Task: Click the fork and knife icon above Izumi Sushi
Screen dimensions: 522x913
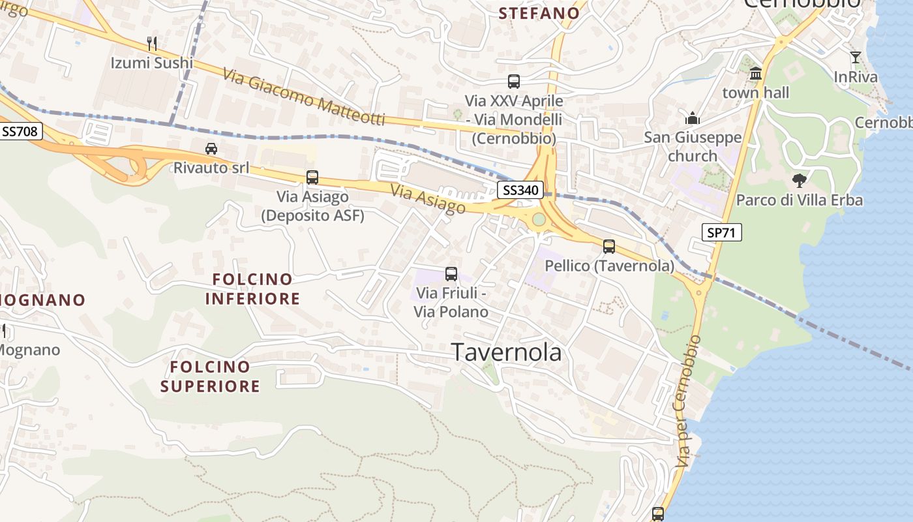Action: coord(152,44)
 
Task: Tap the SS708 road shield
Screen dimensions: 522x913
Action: coord(21,131)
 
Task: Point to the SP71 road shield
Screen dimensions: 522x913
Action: coord(722,232)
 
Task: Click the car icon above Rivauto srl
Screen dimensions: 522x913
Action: coord(211,148)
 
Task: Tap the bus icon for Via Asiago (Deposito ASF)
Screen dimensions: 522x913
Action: coord(312,177)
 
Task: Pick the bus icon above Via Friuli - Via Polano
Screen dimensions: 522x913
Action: coord(451,273)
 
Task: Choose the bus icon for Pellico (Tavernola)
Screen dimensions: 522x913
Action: coord(608,246)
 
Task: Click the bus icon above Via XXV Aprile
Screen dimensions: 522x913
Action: coord(514,82)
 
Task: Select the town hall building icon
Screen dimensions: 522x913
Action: coord(756,73)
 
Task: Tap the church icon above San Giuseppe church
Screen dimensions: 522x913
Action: coord(692,118)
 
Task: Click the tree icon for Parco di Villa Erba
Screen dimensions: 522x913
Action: coord(799,180)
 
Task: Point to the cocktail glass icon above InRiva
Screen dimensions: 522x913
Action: coord(856,57)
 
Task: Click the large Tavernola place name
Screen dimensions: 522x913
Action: coord(507,352)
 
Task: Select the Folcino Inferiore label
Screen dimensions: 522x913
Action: coord(252,289)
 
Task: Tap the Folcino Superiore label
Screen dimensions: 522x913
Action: coord(210,376)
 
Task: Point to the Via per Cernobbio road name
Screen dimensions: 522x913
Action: coord(689,401)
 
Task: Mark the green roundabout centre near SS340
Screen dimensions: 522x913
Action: coord(539,219)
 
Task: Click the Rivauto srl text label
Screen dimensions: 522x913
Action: coord(211,168)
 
